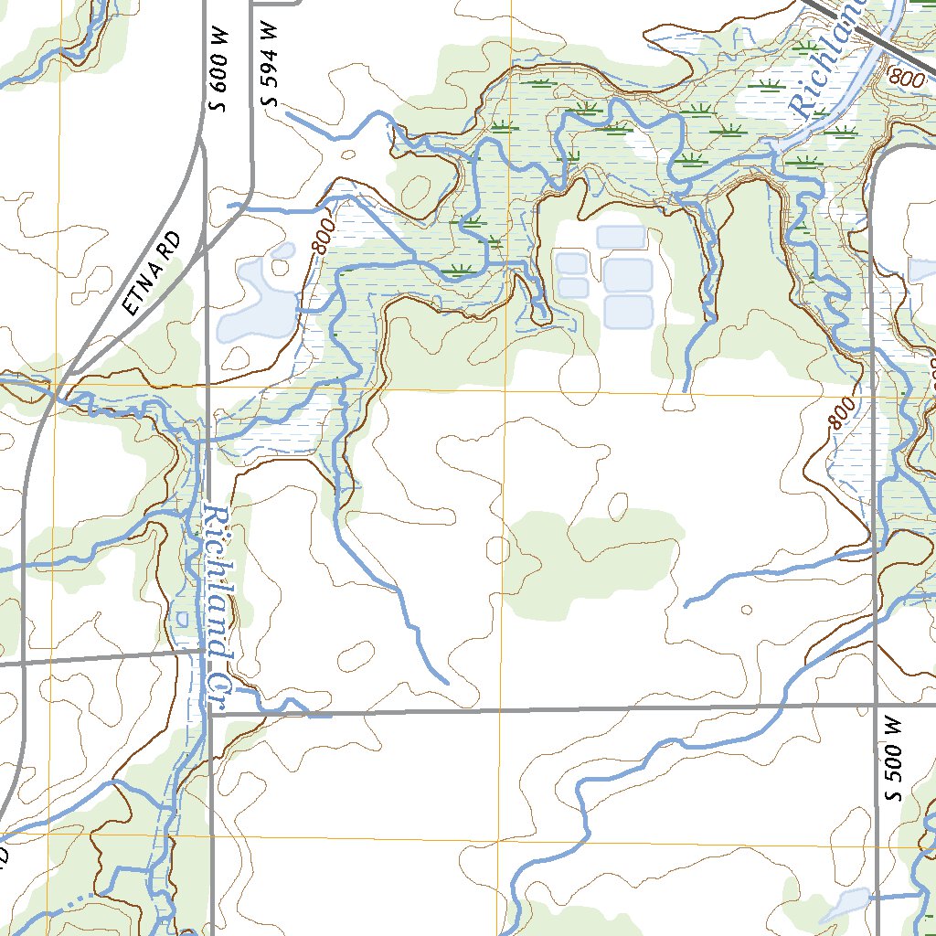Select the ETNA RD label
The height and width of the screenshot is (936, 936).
(152, 274)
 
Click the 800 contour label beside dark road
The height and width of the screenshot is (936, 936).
(906, 80)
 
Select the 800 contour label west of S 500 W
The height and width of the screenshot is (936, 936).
(843, 413)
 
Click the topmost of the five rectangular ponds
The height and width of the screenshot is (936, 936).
(622, 237)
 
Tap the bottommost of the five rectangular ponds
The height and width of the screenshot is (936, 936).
(627, 312)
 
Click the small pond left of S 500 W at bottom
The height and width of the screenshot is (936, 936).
(845, 903)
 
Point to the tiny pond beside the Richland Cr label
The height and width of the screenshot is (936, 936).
(181, 619)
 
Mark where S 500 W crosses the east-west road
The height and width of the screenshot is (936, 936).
(876, 705)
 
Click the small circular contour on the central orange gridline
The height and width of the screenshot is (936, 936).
(499, 549)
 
